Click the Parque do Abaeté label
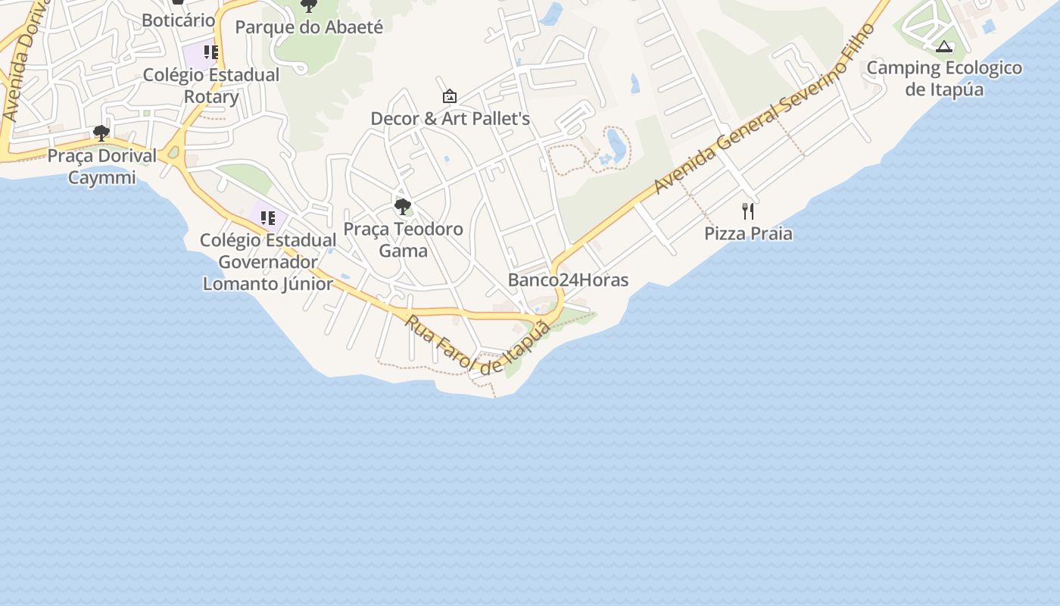click(x=309, y=27)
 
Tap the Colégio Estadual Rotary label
click(x=211, y=86)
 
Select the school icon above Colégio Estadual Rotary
click(x=211, y=52)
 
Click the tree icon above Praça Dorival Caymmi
click(x=101, y=134)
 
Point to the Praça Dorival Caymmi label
click(x=101, y=167)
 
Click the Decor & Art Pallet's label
click(x=450, y=119)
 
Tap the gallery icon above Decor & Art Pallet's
click(x=450, y=96)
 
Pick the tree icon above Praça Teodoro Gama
click(x=403, y=206)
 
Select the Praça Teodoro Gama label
click(x=403, y=239)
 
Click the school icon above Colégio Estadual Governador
click(x=268, y=218)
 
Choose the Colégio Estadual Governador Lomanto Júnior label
click(x=268, y=262)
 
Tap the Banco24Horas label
click(x=568, y=280)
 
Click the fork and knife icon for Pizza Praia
click(x=748, y=211)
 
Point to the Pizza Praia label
click(x=748, y=233)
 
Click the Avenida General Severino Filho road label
click(x=765, y=109)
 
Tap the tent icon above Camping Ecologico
click(x=943, y=47)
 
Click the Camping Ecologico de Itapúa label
click(x=944, y=79)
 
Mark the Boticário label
click(x=179, y=20)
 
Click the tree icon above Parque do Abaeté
click(x=308, y=6)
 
